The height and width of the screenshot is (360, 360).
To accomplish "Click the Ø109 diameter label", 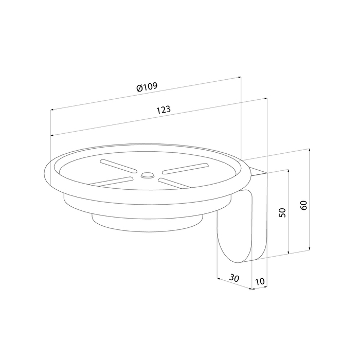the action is point(147,87).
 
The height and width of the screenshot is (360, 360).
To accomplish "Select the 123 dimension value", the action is point(164,110).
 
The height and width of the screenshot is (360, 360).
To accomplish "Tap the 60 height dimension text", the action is point(303,205).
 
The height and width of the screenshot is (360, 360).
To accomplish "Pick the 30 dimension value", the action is point(234,278).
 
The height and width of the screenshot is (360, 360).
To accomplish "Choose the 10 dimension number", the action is point(260,281).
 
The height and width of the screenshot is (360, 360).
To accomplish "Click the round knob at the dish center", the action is point(147,175).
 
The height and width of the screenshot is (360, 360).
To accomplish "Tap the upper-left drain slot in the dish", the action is point(118,166).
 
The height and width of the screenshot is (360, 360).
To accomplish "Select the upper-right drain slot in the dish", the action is point(185,169).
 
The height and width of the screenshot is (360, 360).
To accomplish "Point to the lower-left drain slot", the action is point(111,182).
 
